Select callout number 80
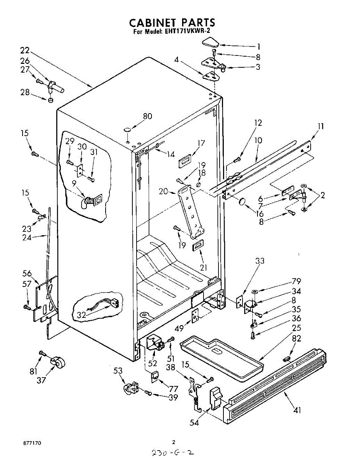(x=147, y=116)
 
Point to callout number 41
(x=297, y=410)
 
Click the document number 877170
(x=32, y=443)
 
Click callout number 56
(x=27, y=273)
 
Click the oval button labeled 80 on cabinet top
(x=127, y=130)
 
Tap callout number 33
(x=260, y=262)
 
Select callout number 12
(x=258, y=123)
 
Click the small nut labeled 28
(x=50, y=100)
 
